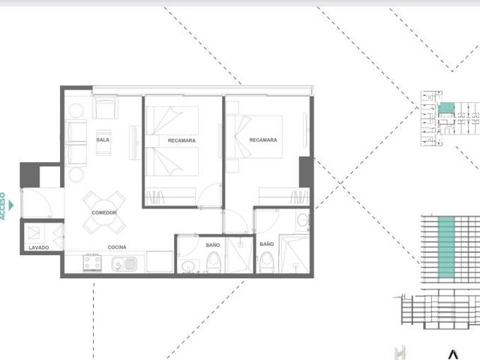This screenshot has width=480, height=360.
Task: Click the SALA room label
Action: tap(103, 140)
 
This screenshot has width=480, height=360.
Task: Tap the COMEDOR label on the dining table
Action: tap(104, 213)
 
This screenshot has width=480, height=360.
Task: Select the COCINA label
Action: tap(117, 247)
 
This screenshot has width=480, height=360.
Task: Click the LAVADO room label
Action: tap(39, 247)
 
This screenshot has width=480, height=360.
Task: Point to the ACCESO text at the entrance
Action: tap(3, 206)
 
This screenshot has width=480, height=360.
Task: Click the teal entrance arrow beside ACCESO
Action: tap(11, 205)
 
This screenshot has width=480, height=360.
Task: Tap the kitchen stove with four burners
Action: tap(92, 262)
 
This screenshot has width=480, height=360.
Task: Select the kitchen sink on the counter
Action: tap(124, 263)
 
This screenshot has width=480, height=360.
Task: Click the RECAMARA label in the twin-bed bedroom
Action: tap(181, 140)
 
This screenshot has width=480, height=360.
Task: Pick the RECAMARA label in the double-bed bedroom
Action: tap(263, 140)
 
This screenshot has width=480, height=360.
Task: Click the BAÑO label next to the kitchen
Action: tap(213, 245)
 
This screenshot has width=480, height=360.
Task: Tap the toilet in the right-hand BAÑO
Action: tap(267, 262)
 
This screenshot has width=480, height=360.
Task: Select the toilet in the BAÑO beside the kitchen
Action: tap(213, 262)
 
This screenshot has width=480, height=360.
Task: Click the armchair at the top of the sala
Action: tap(105, 107)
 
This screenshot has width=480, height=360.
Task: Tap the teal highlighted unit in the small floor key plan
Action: tap(446, 108)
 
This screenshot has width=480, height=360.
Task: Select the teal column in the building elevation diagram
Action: tap(446, 247)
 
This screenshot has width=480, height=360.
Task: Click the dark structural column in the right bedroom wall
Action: tap(306, 172)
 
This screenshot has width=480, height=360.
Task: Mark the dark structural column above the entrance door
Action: tap(30, 175)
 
